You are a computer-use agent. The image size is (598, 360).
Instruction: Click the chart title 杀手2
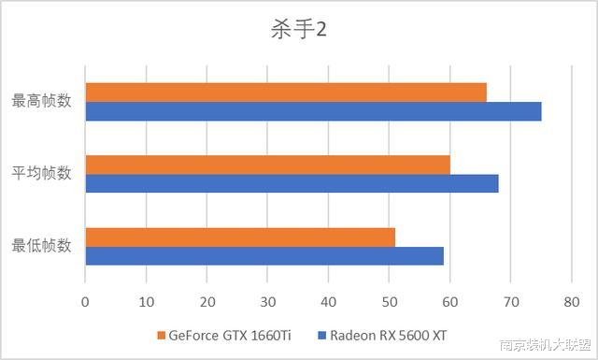pyautogui.click(x=299, y=29)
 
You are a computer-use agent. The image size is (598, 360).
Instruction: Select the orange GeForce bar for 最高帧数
pyautogui.click(x=286, y=92)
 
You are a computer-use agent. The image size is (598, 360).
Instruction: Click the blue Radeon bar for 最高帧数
pyautogui.click(x=313, y=111)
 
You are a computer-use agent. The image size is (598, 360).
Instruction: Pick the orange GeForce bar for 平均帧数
pyautogui.click(x=267, y=165)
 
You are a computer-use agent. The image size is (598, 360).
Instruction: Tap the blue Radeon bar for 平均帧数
pyautogui.click(x=292, y=183)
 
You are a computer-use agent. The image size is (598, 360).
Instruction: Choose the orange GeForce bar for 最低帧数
pyautogui.click(x=240, y=237)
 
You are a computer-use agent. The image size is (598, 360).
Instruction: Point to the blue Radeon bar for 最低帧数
pyautogui.click(x=264, y=255)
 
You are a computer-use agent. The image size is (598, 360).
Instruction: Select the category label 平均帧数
pyautogui.click(x=41, y=173)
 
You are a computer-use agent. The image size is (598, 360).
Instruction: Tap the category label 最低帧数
pyautogui.click(x=41, y=246)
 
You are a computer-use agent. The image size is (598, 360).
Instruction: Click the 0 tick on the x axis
pyautogui.click(x=85, y=302)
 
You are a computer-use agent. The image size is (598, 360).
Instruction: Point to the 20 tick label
pyautogui.click(x=206, y=302)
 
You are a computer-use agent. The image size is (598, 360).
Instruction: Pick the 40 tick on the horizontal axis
pyautogui.click(x=328, y=302)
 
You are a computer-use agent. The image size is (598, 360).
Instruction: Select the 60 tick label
pyautogui.click(x=450, y=302)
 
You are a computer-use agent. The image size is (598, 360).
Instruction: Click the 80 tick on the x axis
pyautogui.click(x=572, y=302)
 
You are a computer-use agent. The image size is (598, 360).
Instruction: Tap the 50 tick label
pyautogui.click(x=390, y=302)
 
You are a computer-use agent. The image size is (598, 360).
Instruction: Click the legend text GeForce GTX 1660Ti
pyautogui.click(x=230, y=335)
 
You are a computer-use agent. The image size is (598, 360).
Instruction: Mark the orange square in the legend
pyautogui.click(x=162, y=335)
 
